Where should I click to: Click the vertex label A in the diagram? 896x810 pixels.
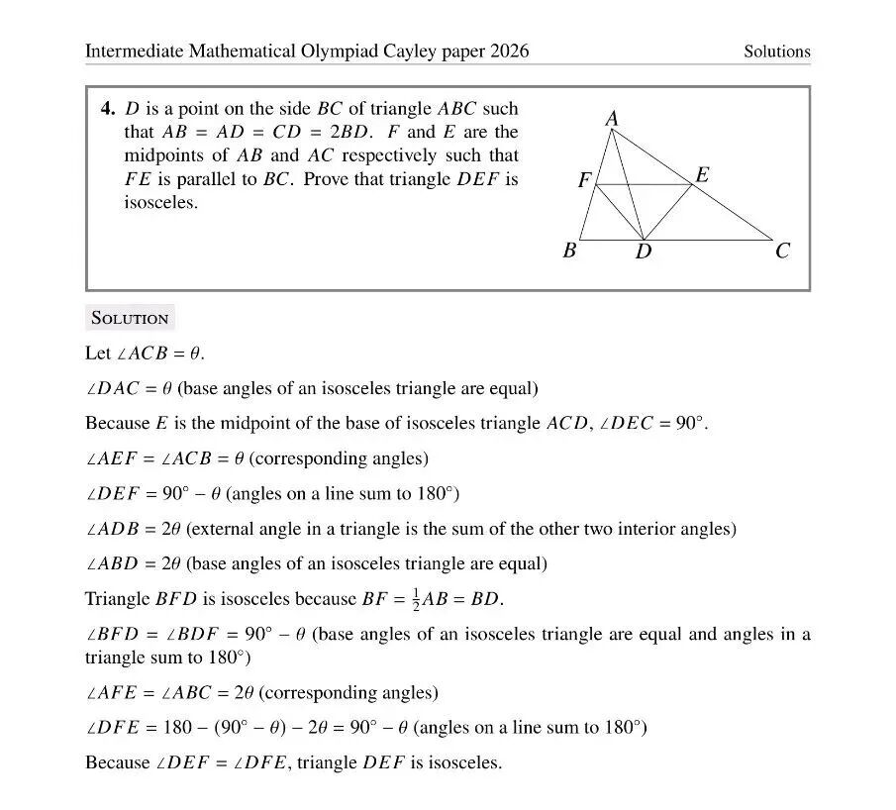[x=612, y=119]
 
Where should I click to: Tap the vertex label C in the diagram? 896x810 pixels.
[x=782, y=252]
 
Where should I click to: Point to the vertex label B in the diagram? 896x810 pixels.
[x=569, y=251]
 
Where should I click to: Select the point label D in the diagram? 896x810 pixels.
[x=643, y=253]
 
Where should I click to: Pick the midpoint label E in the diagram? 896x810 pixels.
[x=702, y=175]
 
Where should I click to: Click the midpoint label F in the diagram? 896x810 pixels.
[x=584, y=181]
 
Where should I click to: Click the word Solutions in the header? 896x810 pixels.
[x=776, y=51]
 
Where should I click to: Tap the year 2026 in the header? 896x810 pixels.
[x=509, y=51]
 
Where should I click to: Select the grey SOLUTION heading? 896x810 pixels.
[x=130, y=318]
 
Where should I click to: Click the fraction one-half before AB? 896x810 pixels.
[x=417, y=600]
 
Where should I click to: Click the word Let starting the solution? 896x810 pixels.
[x=98, y=354]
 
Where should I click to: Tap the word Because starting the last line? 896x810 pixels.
[x=117, y=763]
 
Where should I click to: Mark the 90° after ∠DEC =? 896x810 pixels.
[x=689, y=424]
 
